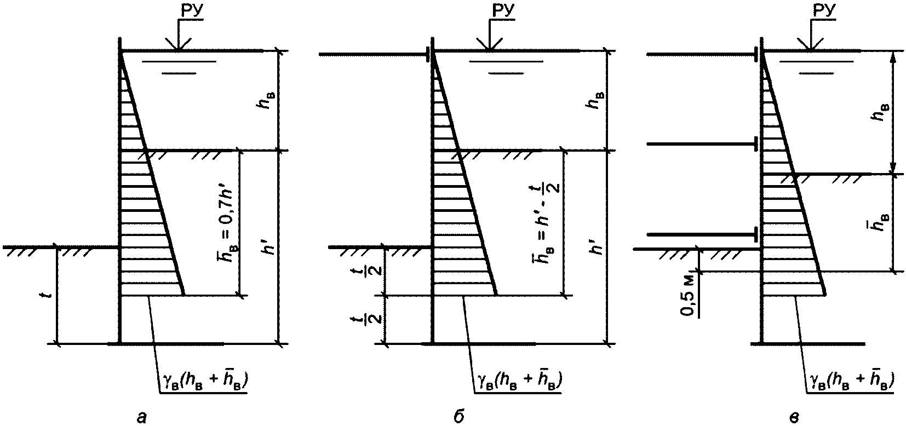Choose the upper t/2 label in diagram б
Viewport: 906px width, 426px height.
tap(376, 271)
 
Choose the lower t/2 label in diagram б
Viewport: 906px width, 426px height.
tap(376, 319)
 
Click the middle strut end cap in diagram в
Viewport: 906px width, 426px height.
tap(756, 145)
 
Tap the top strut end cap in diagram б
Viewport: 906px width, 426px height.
tap(427, 54)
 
